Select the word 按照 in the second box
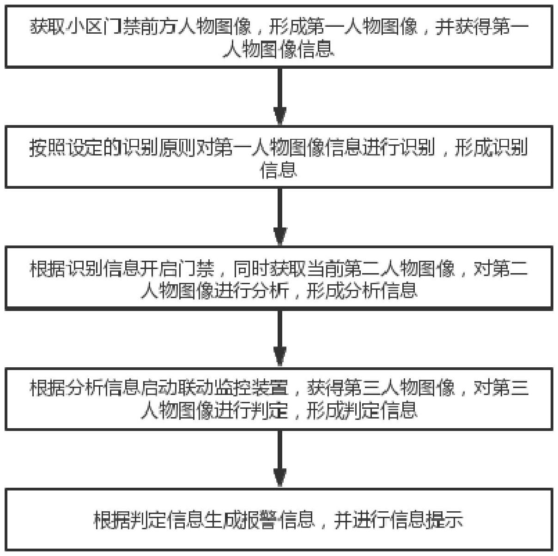click(x=47, y=148)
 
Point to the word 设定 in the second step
click(x=85, y=148)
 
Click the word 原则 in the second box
click(x=177, y=148)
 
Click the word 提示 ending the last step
click(x=445, y=520)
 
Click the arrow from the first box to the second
click(x=279, y=96)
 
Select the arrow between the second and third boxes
click(x=279, y=217)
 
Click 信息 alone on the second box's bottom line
click(x=279, y=170)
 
